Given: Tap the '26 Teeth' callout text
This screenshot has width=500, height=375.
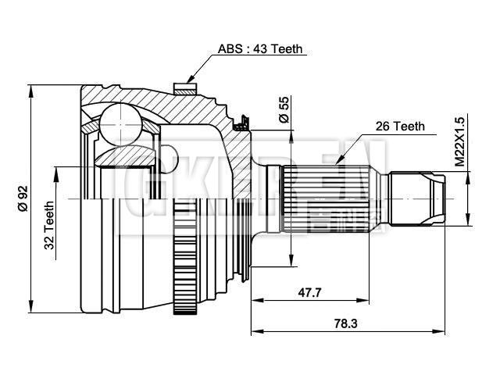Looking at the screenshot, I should pos(399,125).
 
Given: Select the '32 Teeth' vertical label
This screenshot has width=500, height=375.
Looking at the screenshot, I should pos(48,226).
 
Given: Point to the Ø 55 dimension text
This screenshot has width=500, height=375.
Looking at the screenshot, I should pos(284,110).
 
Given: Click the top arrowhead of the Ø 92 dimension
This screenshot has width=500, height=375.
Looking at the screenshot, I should pos(32,86).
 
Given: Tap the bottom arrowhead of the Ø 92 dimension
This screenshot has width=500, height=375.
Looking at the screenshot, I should pos(32,309).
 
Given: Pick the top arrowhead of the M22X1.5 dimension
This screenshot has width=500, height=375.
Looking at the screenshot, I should pos(468,173).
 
